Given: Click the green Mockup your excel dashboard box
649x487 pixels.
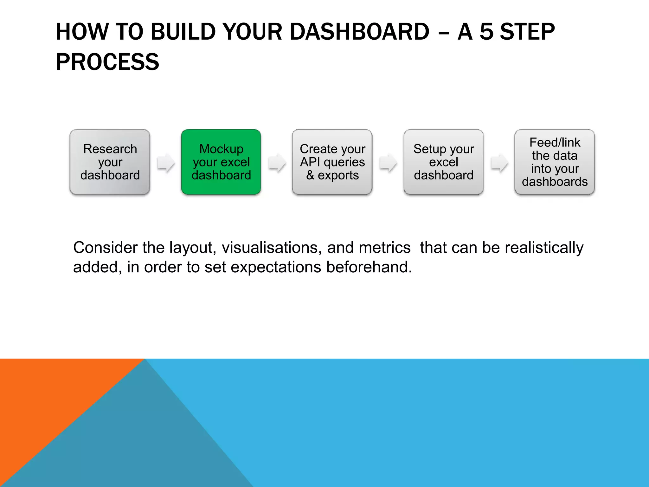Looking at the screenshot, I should (221, 162).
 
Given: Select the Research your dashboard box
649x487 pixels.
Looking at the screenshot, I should (110, 162).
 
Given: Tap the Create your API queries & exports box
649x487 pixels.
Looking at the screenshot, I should (332, 162).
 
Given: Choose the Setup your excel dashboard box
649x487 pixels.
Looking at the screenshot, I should (443, 162).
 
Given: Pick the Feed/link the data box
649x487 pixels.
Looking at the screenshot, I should (555, 162).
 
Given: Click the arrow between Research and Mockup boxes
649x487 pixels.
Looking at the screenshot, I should (166, 163).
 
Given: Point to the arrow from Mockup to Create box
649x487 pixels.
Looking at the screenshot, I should (277, 163).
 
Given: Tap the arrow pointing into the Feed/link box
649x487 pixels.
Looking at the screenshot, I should (499, 163).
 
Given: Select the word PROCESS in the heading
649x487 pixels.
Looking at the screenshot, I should (107, 62).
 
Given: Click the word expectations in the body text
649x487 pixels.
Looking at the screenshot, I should (276, 267).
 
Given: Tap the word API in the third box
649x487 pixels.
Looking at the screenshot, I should (310, 162).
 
